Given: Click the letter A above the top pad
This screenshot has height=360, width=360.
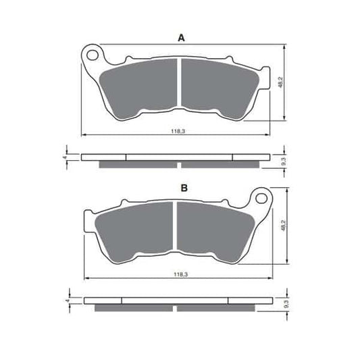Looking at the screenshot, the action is coord(182,38).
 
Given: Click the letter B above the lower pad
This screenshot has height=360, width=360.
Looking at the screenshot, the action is coord(184,188).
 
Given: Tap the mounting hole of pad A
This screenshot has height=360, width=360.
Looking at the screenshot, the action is coord(93,55).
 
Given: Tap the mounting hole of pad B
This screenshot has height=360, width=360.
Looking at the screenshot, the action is coord(261,199).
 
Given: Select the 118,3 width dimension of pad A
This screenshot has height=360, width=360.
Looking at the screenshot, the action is coord(178,132).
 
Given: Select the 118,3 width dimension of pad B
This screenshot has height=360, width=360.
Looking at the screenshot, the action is coord(181,274).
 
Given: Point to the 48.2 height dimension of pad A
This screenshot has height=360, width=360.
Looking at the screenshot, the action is coord(280,82).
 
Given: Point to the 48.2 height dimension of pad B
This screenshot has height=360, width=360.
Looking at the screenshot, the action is coord(283,226).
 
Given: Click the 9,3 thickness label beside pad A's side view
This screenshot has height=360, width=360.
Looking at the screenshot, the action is coord(283,161).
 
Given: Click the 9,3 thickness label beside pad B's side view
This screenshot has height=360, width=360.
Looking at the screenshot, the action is coord(286,304).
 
